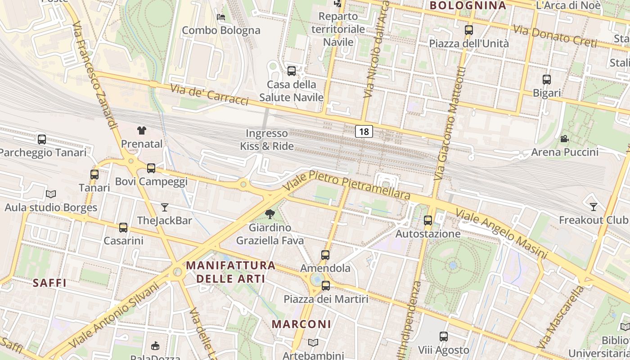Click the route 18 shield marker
[x=364, y=131]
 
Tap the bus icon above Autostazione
[x=428, y=220]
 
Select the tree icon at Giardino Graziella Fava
[x=270, y=214]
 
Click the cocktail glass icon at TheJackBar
[x=165, y=207]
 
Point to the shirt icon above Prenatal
[x=142, y=130]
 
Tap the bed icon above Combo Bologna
[x=221, y=17]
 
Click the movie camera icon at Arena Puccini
[x=564, y=139]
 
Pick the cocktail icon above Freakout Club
[x=594, y=207]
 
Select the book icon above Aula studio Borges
[x=51, y=194]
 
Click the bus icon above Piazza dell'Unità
[x=469, y=30]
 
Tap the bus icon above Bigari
[x=547, y=80]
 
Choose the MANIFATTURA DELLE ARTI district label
[x=230, y=272]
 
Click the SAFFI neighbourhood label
[x=49, y=283]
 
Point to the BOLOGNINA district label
[x=468, y=5]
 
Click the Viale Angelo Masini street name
[x=501, y=234]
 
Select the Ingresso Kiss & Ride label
[x=267, y=139]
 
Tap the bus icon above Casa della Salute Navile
[x=292, y=71]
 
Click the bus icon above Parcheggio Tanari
[x=42, y=139]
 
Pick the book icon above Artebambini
[x=313, y=343]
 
